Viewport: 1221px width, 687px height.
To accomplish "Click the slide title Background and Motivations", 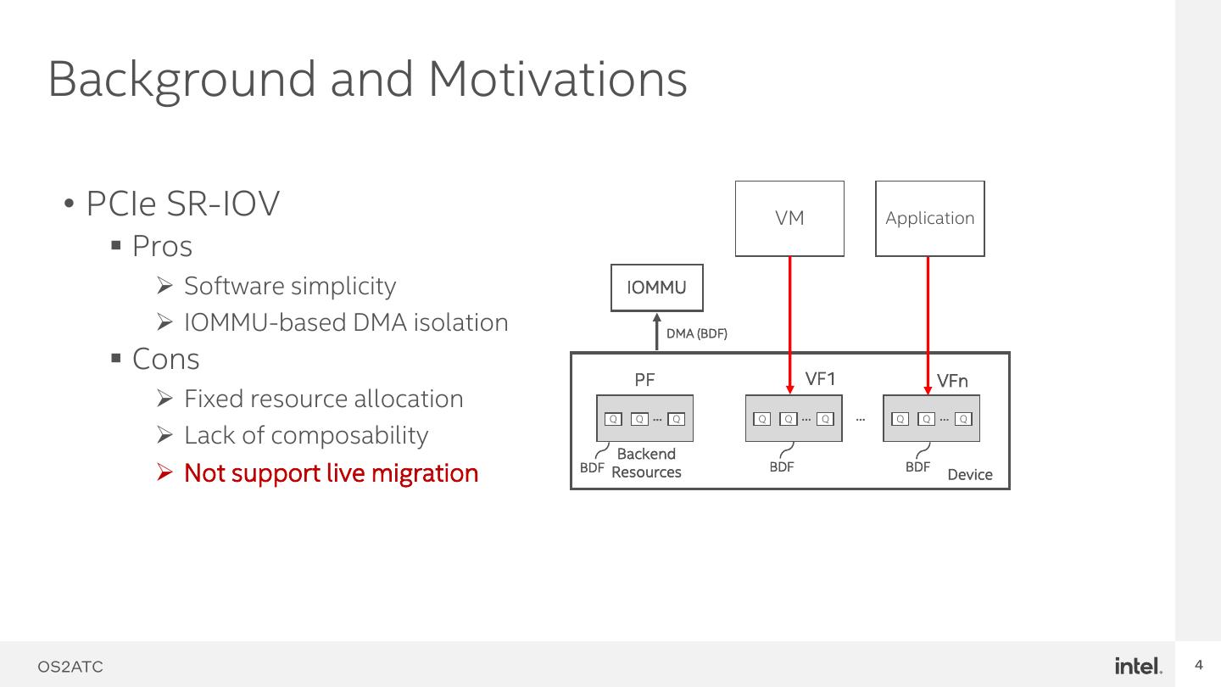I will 367,78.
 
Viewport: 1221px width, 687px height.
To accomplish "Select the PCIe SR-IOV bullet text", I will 182,204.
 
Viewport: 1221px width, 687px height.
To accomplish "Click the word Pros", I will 162,246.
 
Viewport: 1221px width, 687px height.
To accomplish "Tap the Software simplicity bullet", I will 289,286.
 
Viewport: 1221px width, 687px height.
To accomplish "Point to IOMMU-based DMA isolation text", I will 345,322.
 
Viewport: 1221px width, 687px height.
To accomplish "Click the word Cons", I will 165,359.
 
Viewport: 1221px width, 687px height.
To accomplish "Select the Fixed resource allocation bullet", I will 323,399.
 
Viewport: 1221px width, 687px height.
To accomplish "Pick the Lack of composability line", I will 305,435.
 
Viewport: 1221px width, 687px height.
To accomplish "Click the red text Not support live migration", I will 331,472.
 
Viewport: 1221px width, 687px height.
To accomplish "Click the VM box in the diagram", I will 789,218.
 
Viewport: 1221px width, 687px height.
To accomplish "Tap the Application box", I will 929,218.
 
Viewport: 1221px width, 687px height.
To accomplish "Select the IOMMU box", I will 656,288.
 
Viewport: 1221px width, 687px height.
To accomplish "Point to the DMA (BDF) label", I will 696,333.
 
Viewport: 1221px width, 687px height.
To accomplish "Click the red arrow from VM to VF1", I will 790,322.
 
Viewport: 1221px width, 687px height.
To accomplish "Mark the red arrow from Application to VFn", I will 928,322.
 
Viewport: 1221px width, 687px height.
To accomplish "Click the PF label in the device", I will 644,380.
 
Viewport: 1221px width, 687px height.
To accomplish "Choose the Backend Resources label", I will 646,463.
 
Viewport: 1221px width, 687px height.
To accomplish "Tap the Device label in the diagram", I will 969,474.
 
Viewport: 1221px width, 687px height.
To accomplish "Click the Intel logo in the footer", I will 1138,666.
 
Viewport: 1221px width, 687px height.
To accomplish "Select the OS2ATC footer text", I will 70,667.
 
